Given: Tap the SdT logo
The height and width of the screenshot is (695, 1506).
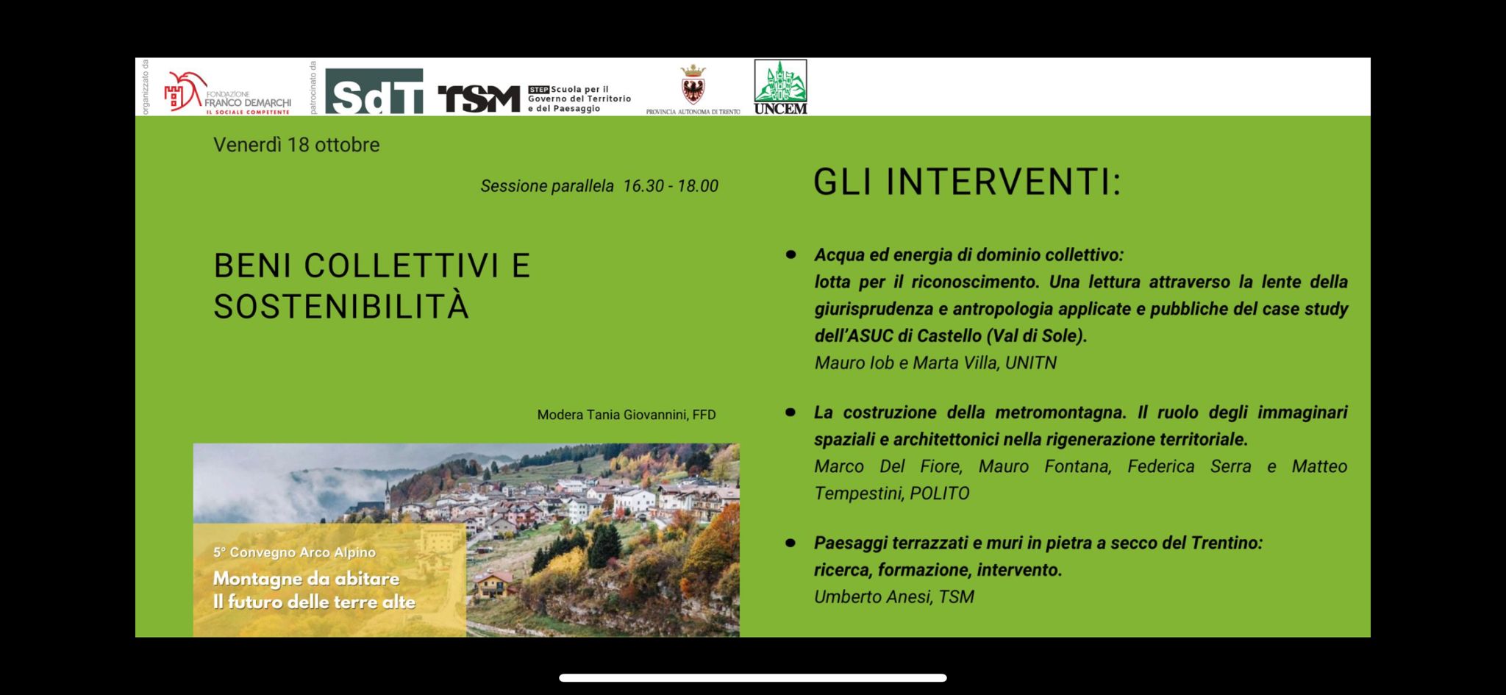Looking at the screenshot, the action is tap(374, 91).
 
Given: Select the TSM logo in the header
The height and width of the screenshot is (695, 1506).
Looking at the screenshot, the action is tap(479, 99).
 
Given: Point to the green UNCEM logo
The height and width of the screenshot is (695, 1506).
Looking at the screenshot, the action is tap(780, 87).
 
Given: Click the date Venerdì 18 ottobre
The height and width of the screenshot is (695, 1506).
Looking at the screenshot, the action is tap(296, 145).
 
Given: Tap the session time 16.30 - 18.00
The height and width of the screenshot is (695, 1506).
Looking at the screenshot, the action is tap(671, 186).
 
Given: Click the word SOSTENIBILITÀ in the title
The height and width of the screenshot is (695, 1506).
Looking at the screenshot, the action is tap(341, 307).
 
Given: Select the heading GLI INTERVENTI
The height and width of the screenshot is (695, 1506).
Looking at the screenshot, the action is tap(967, 182).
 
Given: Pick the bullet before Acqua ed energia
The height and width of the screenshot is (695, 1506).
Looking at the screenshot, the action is tap(791, 254).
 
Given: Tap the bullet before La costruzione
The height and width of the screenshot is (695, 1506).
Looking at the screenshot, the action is tap(791, 412).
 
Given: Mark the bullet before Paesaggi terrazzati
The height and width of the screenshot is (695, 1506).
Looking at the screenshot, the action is tap(791, 543).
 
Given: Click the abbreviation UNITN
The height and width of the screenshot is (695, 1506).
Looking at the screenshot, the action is tap(1030, 363).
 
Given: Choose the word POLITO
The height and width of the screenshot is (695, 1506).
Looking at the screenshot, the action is tap(940, 493).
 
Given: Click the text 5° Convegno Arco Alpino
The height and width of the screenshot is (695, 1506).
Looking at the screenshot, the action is tap(294, 552).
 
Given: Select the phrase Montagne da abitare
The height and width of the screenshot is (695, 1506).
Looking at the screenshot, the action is tap(306, 579).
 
